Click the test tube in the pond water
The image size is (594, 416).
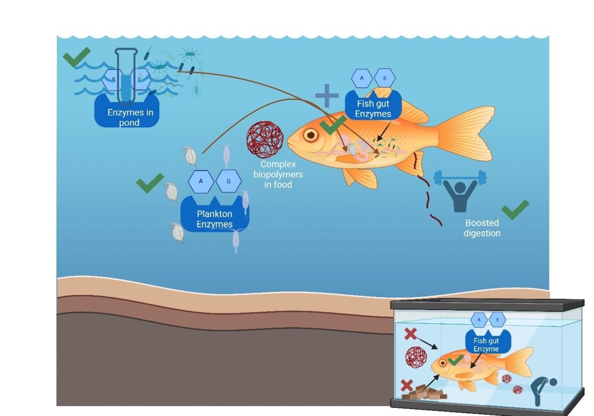pos(126,76)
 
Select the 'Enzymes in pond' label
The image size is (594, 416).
pos(130,117)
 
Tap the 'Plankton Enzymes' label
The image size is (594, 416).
pos(215,219)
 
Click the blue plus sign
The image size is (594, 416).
pos(327,96)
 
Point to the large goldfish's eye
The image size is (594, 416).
pos(311,135)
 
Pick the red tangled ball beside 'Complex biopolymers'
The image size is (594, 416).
pos(265,139)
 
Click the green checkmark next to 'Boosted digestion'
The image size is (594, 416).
pos(515,209)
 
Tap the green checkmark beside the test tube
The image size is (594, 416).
pos(77,57)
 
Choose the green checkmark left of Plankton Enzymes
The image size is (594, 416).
pos(150,183)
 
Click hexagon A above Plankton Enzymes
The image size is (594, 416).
pos(201,181)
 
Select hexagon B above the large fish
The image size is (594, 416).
pos(385,78)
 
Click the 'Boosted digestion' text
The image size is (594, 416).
pos(482,228)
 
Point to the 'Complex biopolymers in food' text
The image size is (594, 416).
pos(278,174)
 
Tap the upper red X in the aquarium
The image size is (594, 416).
pos(411,334)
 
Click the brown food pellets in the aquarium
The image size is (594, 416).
pos(424,392)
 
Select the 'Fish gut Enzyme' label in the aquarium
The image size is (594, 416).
pos(486,345)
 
